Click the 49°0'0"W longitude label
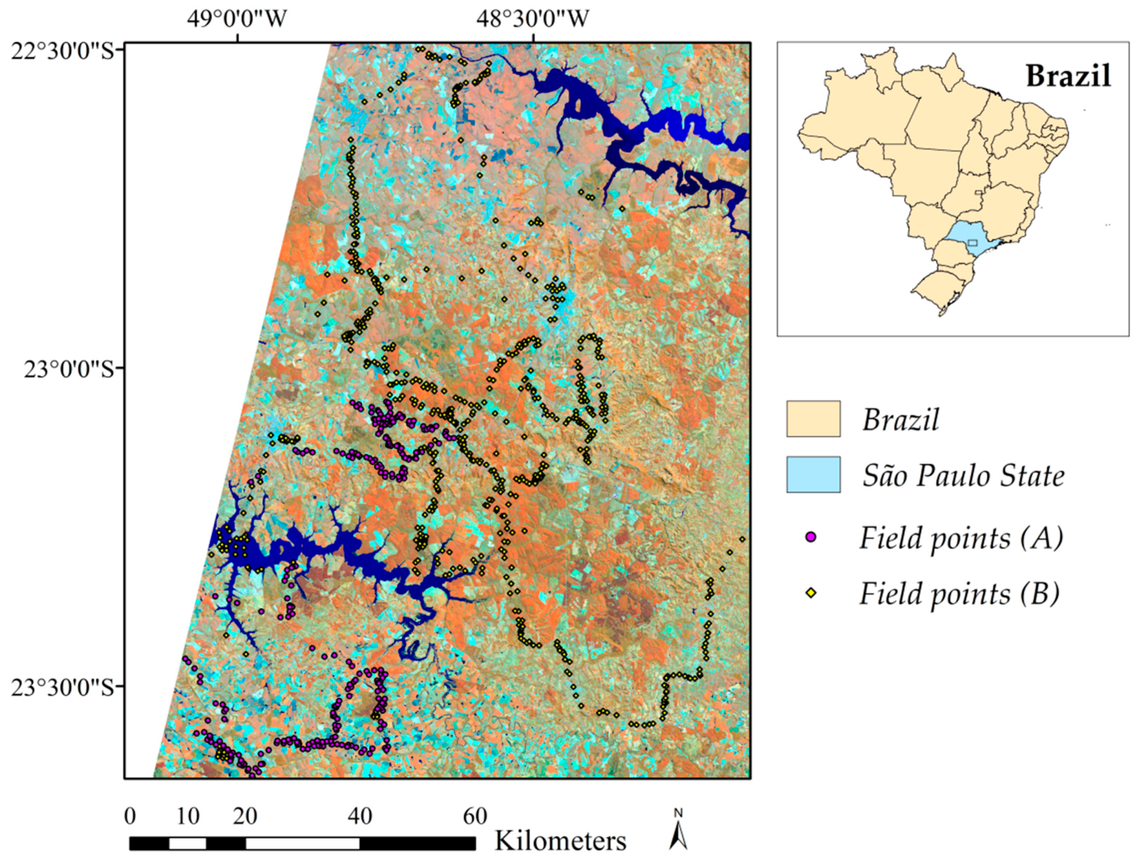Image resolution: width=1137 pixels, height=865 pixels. [237, 19]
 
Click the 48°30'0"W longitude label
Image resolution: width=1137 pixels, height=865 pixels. [532, 19]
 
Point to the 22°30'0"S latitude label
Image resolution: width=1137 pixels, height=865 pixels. [62, 52]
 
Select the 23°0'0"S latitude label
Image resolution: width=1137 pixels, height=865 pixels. [68, 370]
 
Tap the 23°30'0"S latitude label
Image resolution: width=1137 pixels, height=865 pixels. [62, 688]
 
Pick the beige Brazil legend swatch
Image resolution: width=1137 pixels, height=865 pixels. [813, 419]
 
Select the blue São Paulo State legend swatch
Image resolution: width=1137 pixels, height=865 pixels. [813, 475]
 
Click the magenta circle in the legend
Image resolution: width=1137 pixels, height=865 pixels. [811, 538]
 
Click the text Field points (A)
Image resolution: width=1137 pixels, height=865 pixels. [961, 539]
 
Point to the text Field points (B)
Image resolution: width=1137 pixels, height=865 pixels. [959, 594]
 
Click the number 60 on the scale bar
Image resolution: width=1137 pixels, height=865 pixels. [475, 817]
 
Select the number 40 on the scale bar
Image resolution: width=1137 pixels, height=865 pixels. [359, 817]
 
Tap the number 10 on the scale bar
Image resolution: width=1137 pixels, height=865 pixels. [188, 817]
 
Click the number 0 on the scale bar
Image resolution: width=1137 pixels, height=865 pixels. [130, 817]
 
